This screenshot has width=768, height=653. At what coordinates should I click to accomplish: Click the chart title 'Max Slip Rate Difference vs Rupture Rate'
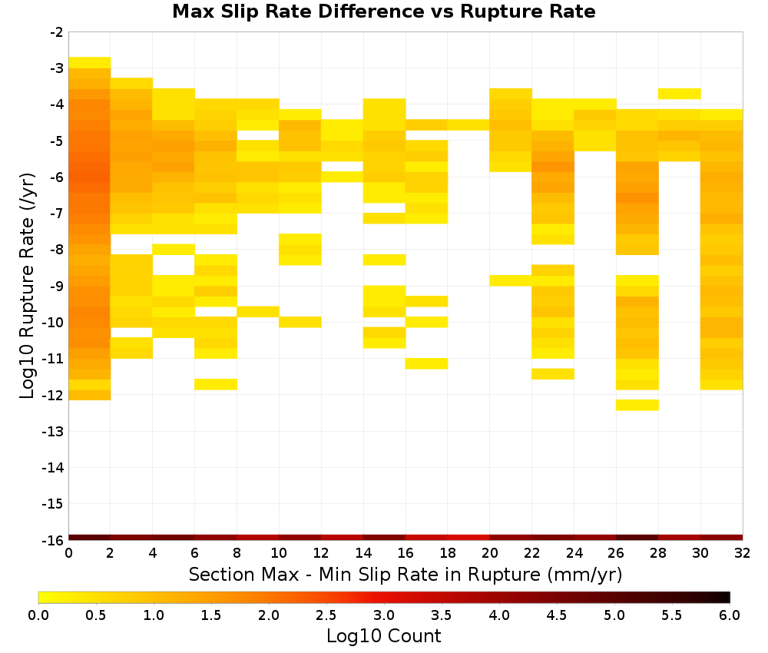tap(383, 12)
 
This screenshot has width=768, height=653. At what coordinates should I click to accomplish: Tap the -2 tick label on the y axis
tap(57, 32)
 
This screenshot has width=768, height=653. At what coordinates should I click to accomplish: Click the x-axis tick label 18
tap(448, 554)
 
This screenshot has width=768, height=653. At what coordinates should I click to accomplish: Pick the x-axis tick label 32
tap(743, 554)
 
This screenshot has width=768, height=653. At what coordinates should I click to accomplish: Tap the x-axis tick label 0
tap(68, 554)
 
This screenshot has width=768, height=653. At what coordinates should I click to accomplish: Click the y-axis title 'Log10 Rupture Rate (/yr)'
tap(27, 286)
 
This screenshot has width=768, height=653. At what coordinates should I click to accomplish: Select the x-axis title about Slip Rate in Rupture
tap(406, 575)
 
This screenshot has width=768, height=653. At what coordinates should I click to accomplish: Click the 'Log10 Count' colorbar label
tap(383, 636)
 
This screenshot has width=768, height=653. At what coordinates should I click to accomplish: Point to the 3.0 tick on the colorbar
tap(384, 615)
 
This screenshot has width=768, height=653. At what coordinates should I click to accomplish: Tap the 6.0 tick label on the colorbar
tap(730, 615)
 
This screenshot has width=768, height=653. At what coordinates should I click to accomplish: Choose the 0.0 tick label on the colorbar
tap(38, 615)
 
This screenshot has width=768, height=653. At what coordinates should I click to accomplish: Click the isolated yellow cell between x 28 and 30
tap(680, 94)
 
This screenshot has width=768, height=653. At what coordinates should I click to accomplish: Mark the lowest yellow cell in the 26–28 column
tap(637, 405)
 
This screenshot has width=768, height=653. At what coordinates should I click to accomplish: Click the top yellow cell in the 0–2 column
tap(90, 63)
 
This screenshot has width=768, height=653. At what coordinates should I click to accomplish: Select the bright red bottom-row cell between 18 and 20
tap(468, 538)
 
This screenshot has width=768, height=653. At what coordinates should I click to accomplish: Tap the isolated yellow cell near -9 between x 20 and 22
tap(511, 280)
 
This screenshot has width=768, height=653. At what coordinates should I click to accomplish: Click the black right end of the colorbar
tap(727, 597)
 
